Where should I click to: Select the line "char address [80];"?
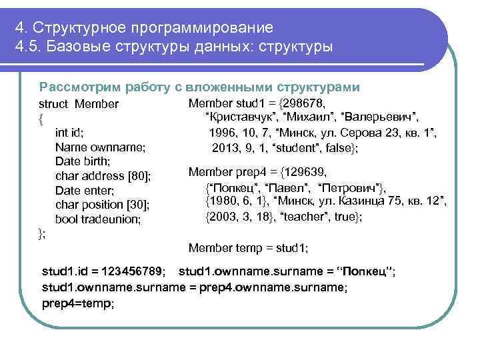103,176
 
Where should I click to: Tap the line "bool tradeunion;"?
98,219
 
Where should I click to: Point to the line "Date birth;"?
83,161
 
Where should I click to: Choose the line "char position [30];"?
102,205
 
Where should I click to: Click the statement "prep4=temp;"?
78,303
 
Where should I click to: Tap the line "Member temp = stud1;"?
248,248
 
